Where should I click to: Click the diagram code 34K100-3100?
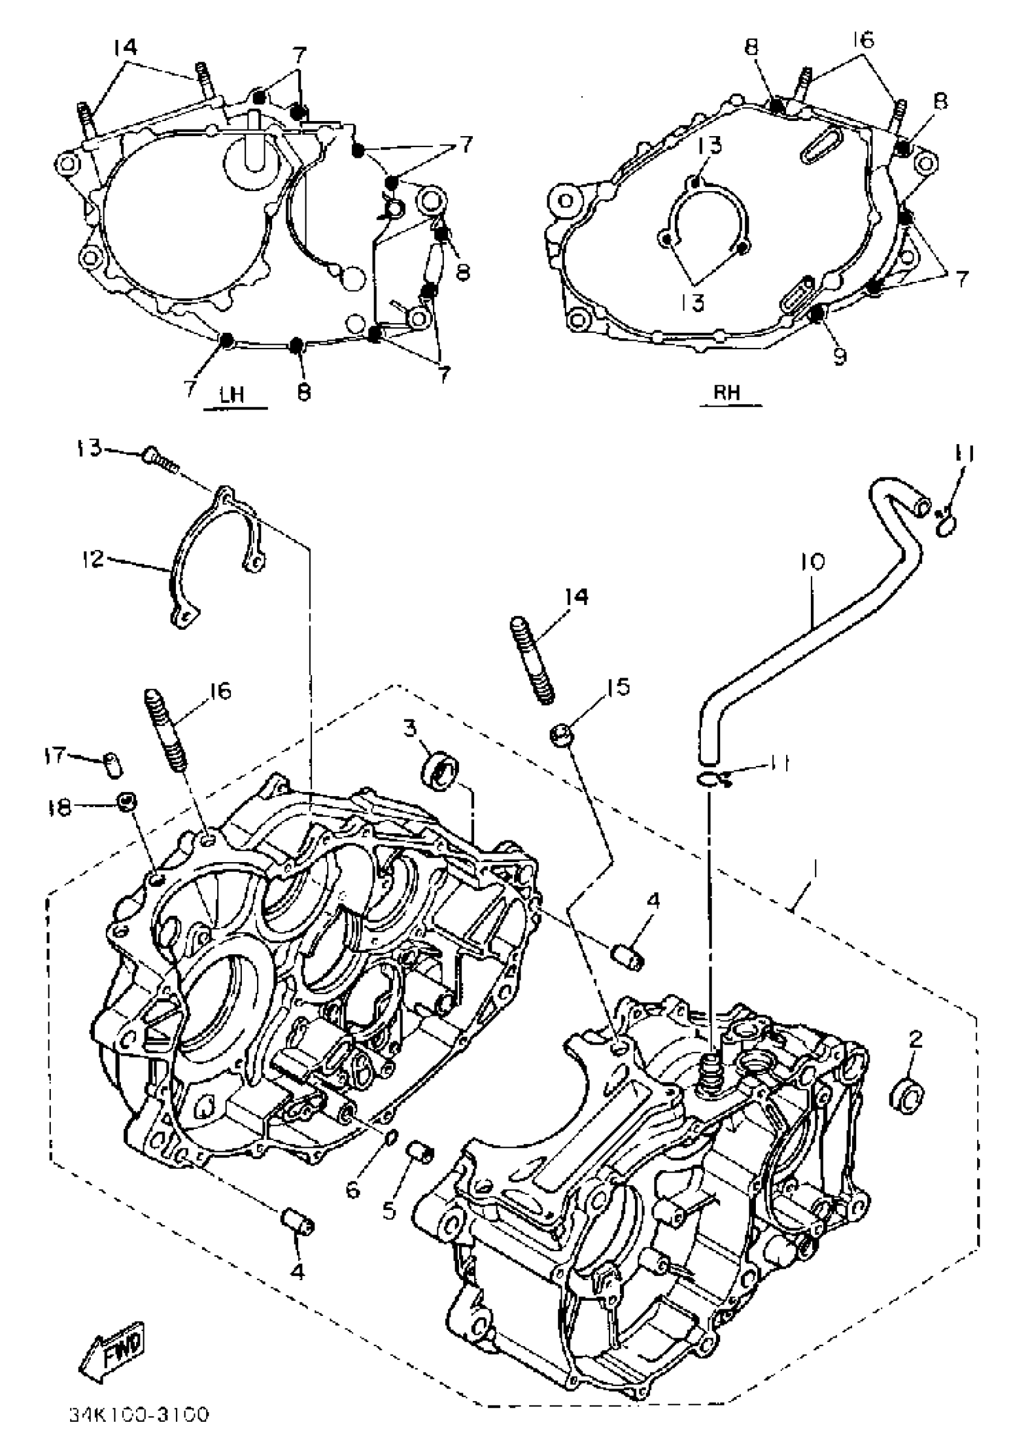pyautogui.click(x=138, y=1414)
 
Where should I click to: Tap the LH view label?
pyautogui.click(x=232, y=394)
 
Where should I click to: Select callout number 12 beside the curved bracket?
pyautogui.click(x=93, y=558)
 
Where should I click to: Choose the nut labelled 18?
pyautogui.click(x=127, y=803)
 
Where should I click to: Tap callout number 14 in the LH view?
pyautogui.click(x=125, y=46)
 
